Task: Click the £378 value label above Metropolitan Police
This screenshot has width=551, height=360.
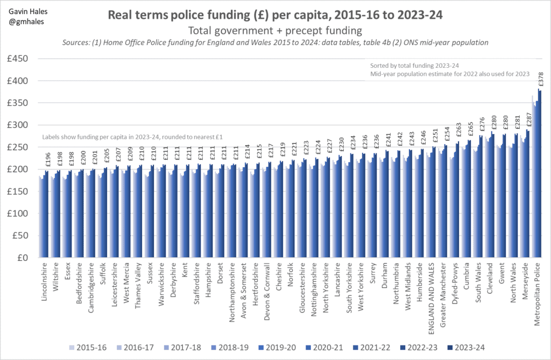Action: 540,80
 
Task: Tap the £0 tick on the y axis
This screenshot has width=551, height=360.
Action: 27,258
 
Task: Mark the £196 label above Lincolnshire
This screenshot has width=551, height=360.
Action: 47,160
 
